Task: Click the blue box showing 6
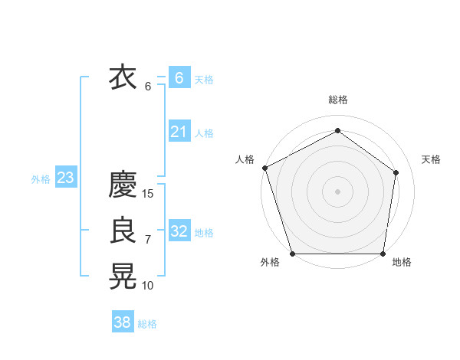[179, 78]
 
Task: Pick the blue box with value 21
[179, 132]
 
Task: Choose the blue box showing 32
[179, 231]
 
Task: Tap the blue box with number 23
[65, 178]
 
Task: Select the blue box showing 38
[123, 322]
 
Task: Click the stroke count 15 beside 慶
[148, 194]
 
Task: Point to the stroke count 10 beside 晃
[148, 286]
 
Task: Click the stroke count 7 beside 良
[148, 240]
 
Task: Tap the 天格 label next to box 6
[204, 80]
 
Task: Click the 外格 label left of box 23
[41, 179]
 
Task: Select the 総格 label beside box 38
[147, 324]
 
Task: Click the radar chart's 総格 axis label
[337, 100]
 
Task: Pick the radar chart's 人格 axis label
[245, 159]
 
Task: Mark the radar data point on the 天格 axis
[396, 172]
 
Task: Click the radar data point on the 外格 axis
[292, 254]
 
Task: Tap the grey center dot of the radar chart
[337, 191]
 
